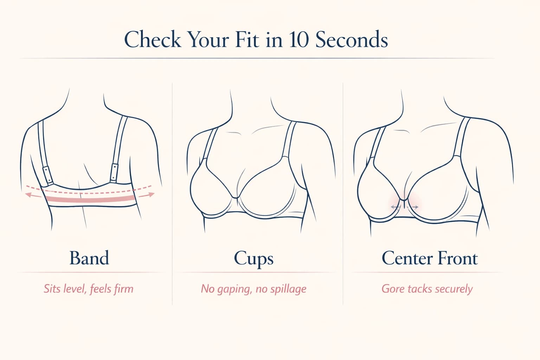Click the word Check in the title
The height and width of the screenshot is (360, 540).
(153, 39)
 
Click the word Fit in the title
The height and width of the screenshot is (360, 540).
(248, 39)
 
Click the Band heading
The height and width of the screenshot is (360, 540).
(89, 258)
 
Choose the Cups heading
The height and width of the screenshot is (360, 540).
(253, 259)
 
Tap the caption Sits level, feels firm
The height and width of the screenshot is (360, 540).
(89, 289)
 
